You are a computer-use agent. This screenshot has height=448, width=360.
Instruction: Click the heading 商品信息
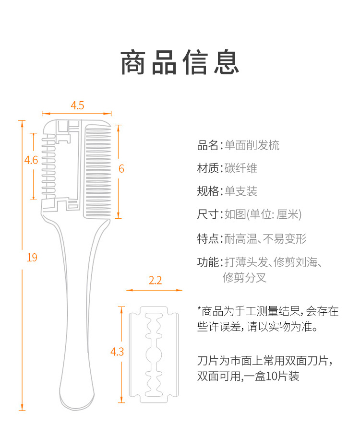180,62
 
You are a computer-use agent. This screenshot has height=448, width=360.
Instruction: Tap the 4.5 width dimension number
77,106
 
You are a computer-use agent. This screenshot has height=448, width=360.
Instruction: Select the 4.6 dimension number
31,160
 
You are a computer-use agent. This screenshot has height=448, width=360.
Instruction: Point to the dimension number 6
121,168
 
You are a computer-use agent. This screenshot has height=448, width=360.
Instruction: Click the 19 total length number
32,258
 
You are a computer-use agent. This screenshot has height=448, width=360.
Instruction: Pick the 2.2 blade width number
155,280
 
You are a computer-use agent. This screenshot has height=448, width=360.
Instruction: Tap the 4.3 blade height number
117,352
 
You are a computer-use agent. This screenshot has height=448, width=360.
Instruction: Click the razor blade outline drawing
154,354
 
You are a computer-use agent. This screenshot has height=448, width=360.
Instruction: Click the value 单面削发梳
252,145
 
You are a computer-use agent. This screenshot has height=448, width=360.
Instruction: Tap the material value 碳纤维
241,168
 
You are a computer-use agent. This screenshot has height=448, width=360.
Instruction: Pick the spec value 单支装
241,191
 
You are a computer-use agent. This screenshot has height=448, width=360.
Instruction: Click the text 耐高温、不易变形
265,238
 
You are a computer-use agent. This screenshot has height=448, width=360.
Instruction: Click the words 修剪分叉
244,277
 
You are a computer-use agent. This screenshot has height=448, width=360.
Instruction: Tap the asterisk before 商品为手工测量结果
199,308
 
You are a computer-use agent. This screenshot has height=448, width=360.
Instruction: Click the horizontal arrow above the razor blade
155,290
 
